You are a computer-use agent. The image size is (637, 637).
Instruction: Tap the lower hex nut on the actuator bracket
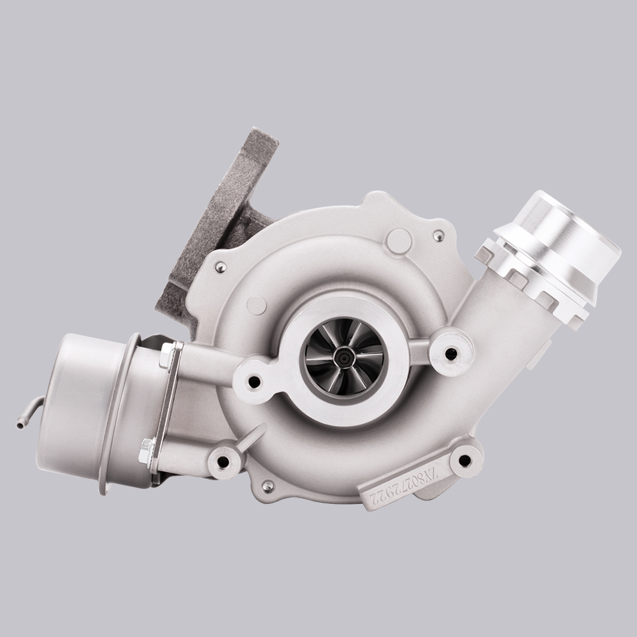tap(147, 450)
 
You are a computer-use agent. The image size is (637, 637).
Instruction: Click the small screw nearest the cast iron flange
tap(220, 268)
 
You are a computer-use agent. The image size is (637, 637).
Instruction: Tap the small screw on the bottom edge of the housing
tap(268, 485)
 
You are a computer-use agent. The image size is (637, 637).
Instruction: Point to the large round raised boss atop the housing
tap(399, 241)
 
